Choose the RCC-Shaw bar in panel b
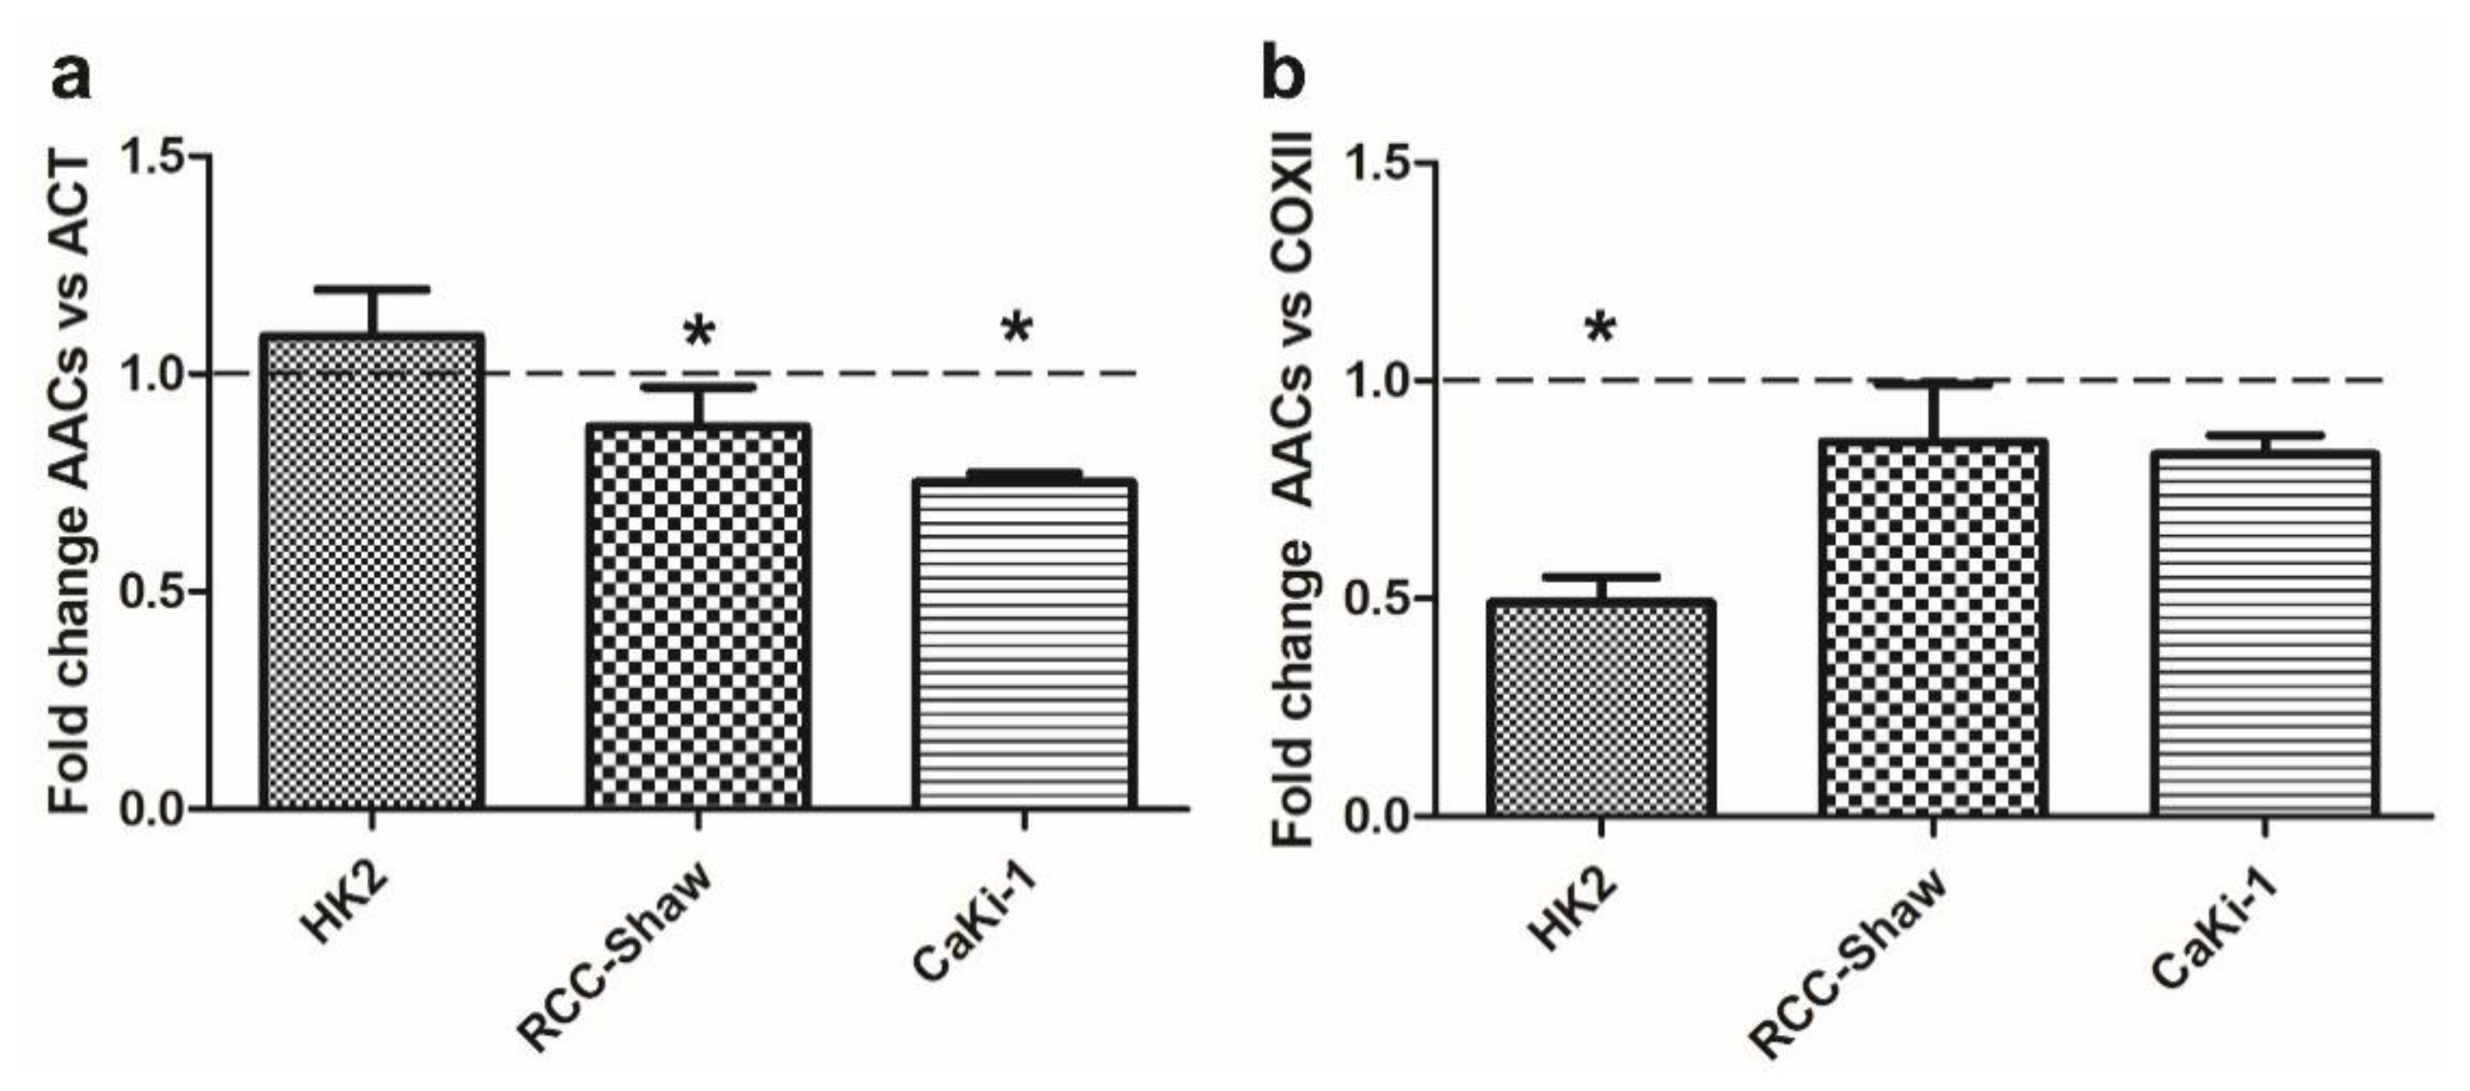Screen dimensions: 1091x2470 pos(1933,627)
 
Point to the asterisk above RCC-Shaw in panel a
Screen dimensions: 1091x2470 pos(698,334)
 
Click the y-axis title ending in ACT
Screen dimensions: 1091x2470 pos(72,484)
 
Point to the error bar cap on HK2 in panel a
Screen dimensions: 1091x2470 pos(372,289)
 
